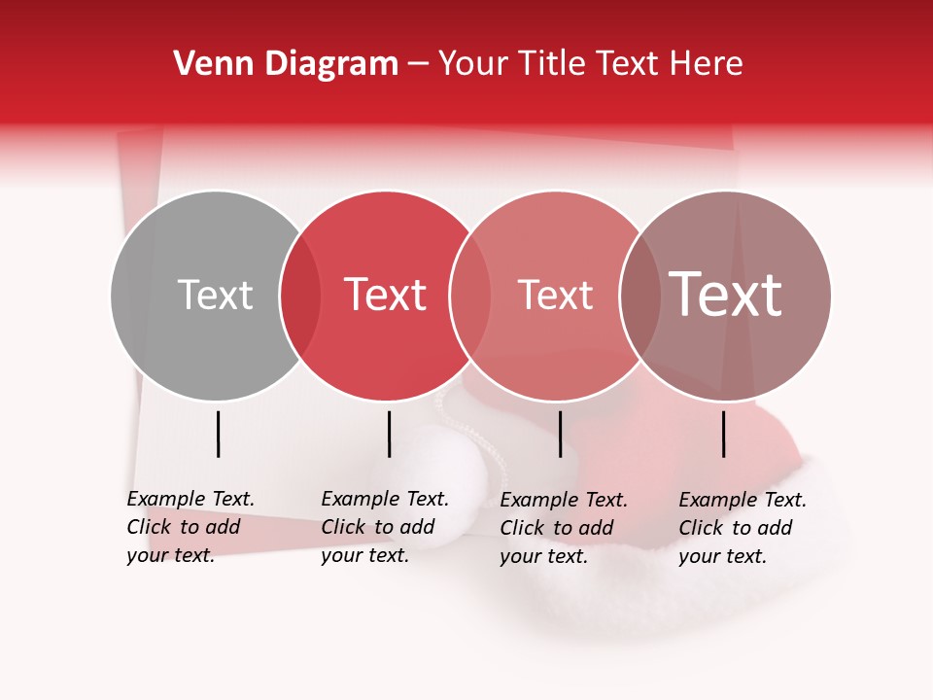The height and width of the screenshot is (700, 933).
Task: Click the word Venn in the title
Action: pyautogui.click(x=206, y=64)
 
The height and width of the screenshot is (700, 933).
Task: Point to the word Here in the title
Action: pyautogui.click(x=709, y=64)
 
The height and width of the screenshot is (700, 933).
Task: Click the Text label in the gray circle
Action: pyautogui.click(x=215, y=295)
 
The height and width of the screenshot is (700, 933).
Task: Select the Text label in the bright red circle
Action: pyautogui.click(x=386, y=295)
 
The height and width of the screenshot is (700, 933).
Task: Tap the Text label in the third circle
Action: pyautogui.click(x=555, y=295)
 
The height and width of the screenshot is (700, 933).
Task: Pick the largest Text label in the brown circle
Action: pyautogui.click(x=726, y=295)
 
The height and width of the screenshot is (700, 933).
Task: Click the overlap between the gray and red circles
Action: pyautogui.click(x=300, y=295)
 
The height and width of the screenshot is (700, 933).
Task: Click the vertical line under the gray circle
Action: pyautogui.click(x=219, y=434)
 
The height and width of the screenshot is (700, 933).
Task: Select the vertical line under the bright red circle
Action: pyautogui.click(x=389, y=434)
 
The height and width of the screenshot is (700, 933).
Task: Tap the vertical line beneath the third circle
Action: pyautogui.click(x=561, y=434)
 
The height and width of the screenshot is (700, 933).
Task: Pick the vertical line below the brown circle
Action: pyautogui.click(x=724, y=434)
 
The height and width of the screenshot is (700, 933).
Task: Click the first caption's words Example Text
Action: pyautogui.click(x=190, y=499)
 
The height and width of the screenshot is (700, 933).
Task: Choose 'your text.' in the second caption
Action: pyautogui.click(x=364, y=555)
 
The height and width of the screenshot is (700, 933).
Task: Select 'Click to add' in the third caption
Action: pyautogui.click(x=557, y=528)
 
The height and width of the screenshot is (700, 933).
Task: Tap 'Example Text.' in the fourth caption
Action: pyautogui.click(x=743, y=500)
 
